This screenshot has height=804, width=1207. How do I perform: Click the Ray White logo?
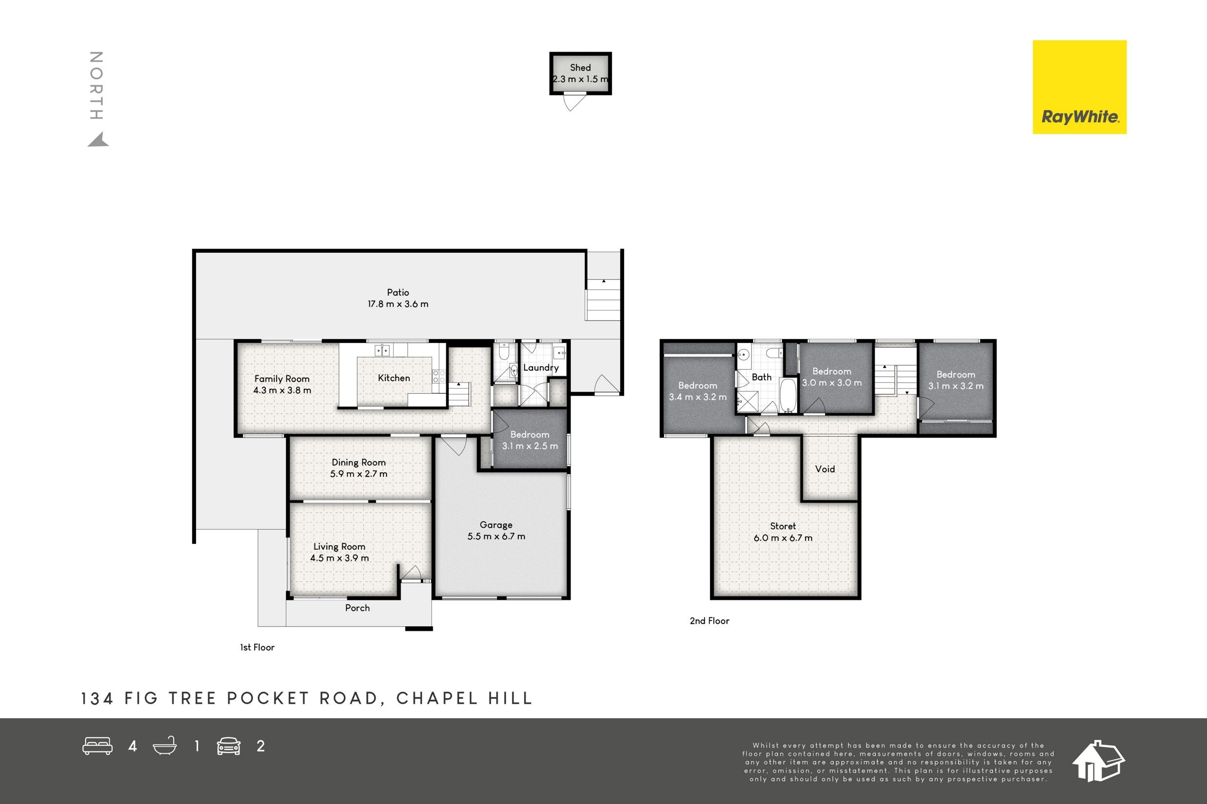[1079, 87]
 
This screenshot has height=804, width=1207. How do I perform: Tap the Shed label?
[580, 68]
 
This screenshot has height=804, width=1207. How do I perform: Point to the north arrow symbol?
[99, 139]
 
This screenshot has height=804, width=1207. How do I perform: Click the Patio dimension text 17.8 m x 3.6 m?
[398, 304]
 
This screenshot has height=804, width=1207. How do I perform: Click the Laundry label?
[541, 367]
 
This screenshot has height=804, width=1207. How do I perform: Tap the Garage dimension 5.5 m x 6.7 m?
[496, 536]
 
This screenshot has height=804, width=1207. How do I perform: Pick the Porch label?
[357, 608]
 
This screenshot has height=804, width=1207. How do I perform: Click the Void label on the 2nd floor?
[825, 469]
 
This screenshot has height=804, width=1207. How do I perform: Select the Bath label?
[762, 377]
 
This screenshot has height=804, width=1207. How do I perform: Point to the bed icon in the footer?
[98, 746]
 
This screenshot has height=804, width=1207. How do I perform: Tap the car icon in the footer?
[229, 746]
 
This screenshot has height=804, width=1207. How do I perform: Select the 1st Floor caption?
[257, 648]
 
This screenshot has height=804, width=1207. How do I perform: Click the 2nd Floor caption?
[709, 621]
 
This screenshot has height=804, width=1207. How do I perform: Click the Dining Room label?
[359, 462]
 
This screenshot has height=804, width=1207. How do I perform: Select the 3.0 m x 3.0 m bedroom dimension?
[832, 383]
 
